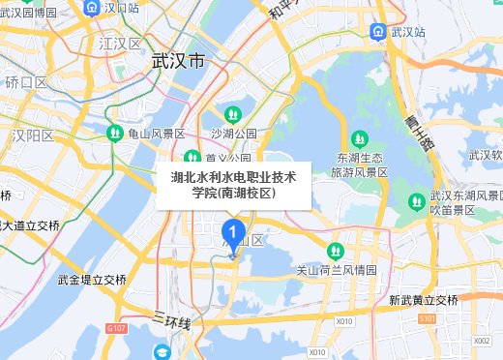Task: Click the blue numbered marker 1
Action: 232,232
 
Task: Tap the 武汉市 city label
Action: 179,61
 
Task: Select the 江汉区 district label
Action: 120,45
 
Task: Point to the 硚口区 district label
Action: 26,83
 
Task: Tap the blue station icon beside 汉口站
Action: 90,8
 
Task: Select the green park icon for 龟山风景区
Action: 114,133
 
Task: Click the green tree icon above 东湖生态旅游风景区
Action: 360,138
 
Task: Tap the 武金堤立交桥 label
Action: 92,280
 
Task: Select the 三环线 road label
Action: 172,319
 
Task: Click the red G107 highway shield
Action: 117,329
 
